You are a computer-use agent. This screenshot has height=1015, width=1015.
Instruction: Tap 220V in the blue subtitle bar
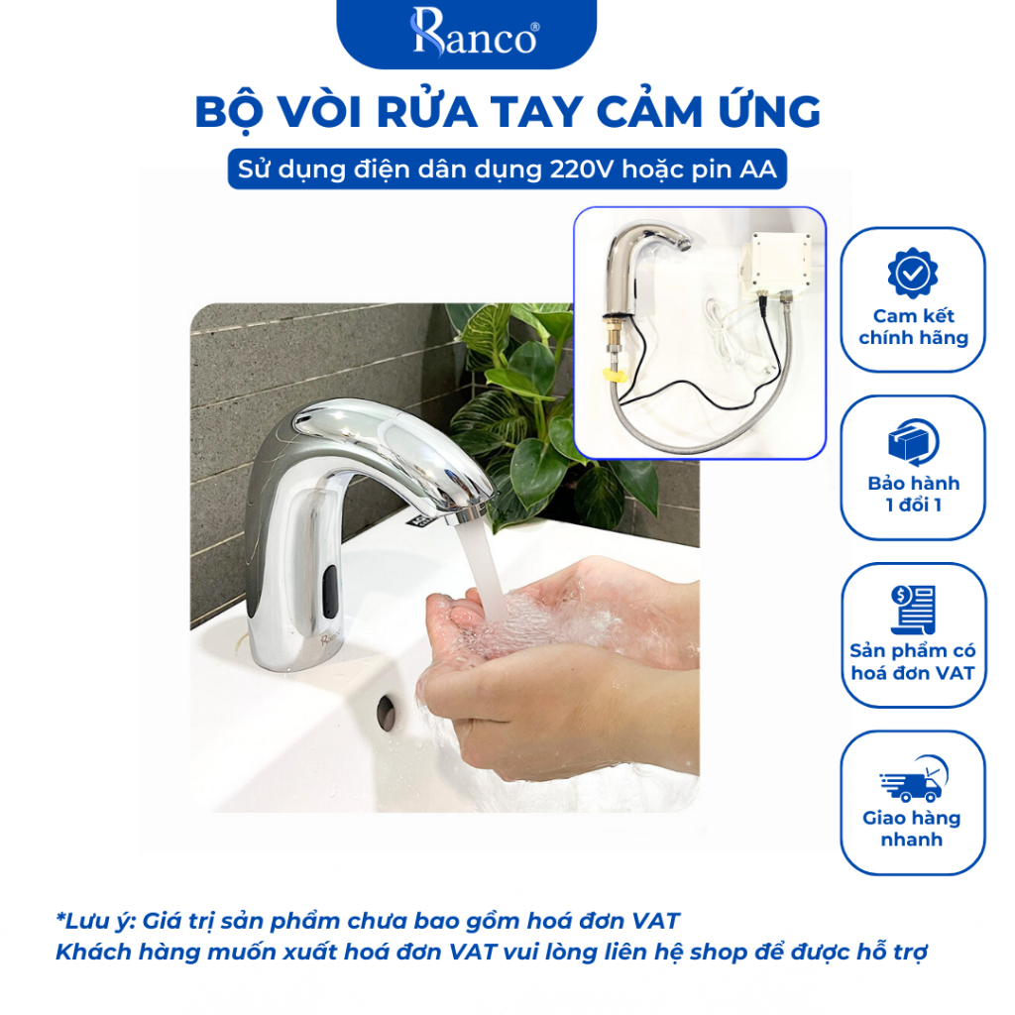(x=581, y=169)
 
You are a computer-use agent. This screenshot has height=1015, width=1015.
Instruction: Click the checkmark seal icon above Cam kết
(x=913, y=274)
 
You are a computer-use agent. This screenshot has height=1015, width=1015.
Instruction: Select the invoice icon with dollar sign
(x=913, y=609)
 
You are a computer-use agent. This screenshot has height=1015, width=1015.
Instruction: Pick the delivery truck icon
(x=913, y=779)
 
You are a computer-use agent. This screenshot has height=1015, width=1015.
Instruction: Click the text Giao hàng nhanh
(x=912, y=829)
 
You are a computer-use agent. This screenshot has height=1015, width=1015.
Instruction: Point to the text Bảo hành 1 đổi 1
(x=913, y=494)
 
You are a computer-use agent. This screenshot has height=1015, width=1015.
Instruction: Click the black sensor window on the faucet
(x=330, y=590)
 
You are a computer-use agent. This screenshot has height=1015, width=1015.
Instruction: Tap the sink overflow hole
(x=387, y=713)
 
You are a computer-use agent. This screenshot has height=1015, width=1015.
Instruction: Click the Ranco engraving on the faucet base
(x=329, y=640)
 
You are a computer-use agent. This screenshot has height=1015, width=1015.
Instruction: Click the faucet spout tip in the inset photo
(x=682, y=243)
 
